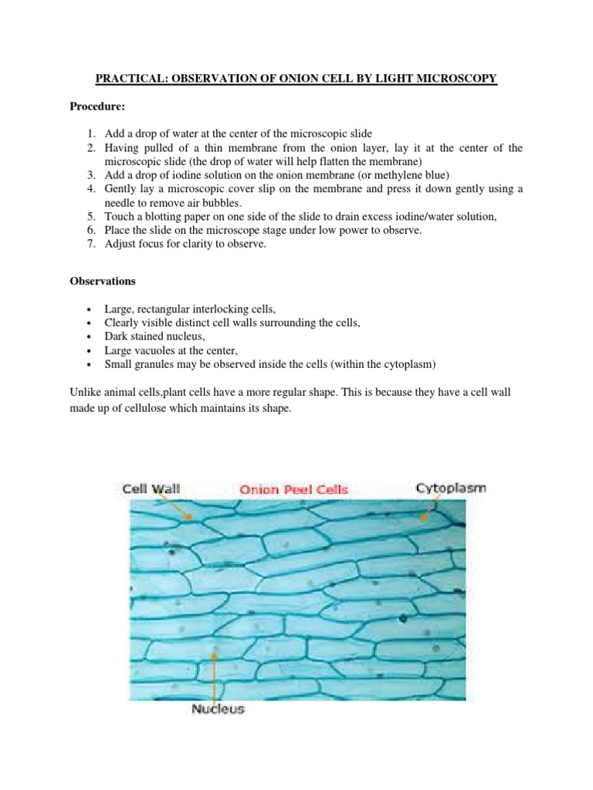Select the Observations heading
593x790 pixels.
coord(105,282)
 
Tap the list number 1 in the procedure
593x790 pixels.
coord(91,134)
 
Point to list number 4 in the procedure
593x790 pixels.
coord(91,189)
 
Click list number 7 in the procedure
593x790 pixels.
coord(91,245)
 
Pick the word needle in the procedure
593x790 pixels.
coord(121,203)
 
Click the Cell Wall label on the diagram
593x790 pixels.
coord(151,488)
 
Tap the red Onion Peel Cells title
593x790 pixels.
coord(293,488)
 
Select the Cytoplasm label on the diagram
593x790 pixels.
coord(451,488)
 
